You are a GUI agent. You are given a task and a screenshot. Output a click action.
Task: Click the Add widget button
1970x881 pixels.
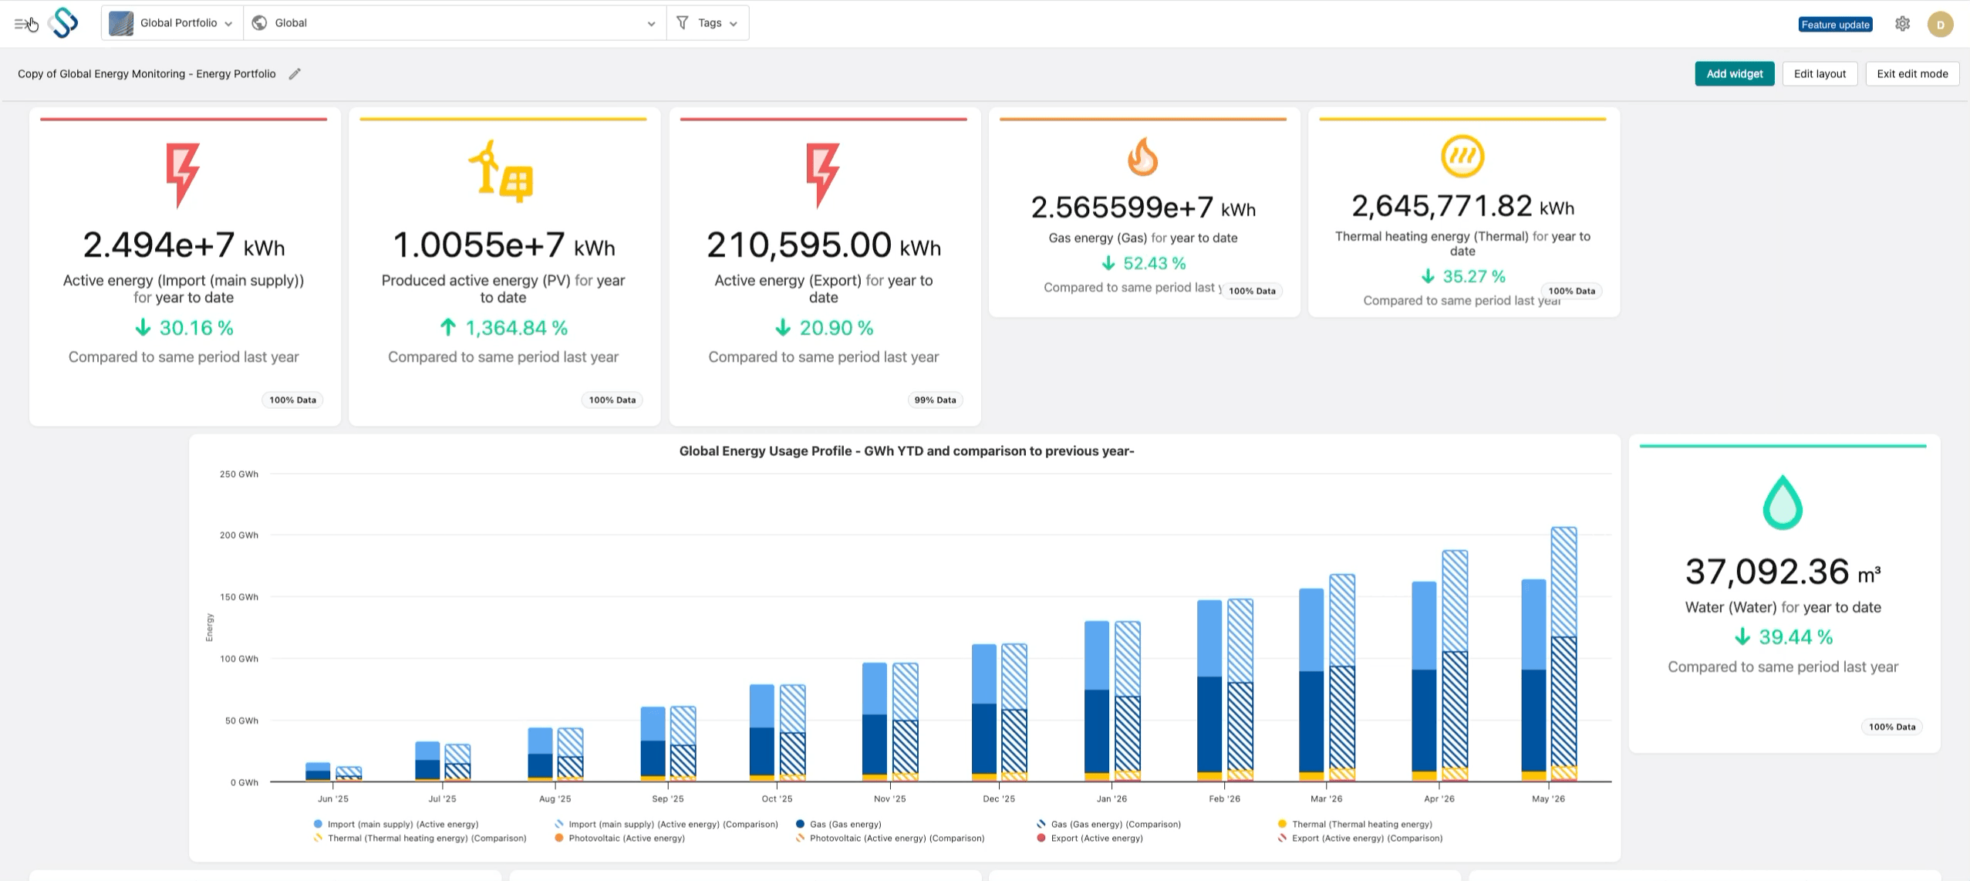1734,74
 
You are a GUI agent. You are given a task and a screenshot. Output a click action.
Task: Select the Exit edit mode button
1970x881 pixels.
1912,74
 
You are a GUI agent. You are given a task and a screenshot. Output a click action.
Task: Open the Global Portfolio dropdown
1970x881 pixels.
172,23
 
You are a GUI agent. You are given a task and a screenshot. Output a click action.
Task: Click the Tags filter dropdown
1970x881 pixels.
708,23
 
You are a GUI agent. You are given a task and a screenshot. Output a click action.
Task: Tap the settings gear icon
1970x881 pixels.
1902,24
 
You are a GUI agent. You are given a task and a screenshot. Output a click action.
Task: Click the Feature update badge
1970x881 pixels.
1835,25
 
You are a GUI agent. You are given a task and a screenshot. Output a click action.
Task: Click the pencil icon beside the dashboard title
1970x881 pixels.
295,74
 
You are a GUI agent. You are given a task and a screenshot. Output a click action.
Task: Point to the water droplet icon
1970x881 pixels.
1783,502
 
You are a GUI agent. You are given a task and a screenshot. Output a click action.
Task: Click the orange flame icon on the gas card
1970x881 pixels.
1142,157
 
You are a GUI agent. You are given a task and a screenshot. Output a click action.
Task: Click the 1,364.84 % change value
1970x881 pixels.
516,328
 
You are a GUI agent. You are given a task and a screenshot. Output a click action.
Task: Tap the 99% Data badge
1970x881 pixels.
935,400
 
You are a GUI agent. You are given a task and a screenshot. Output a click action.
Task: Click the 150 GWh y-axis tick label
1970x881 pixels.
239,597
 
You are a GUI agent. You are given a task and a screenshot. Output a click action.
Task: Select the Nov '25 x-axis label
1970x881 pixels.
889,798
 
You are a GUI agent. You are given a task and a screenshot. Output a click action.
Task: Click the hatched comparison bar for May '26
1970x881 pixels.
1564,654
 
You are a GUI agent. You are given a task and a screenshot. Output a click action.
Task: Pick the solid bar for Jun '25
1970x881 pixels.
318,771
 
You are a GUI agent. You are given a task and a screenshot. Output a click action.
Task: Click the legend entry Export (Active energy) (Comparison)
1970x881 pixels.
1367,838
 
